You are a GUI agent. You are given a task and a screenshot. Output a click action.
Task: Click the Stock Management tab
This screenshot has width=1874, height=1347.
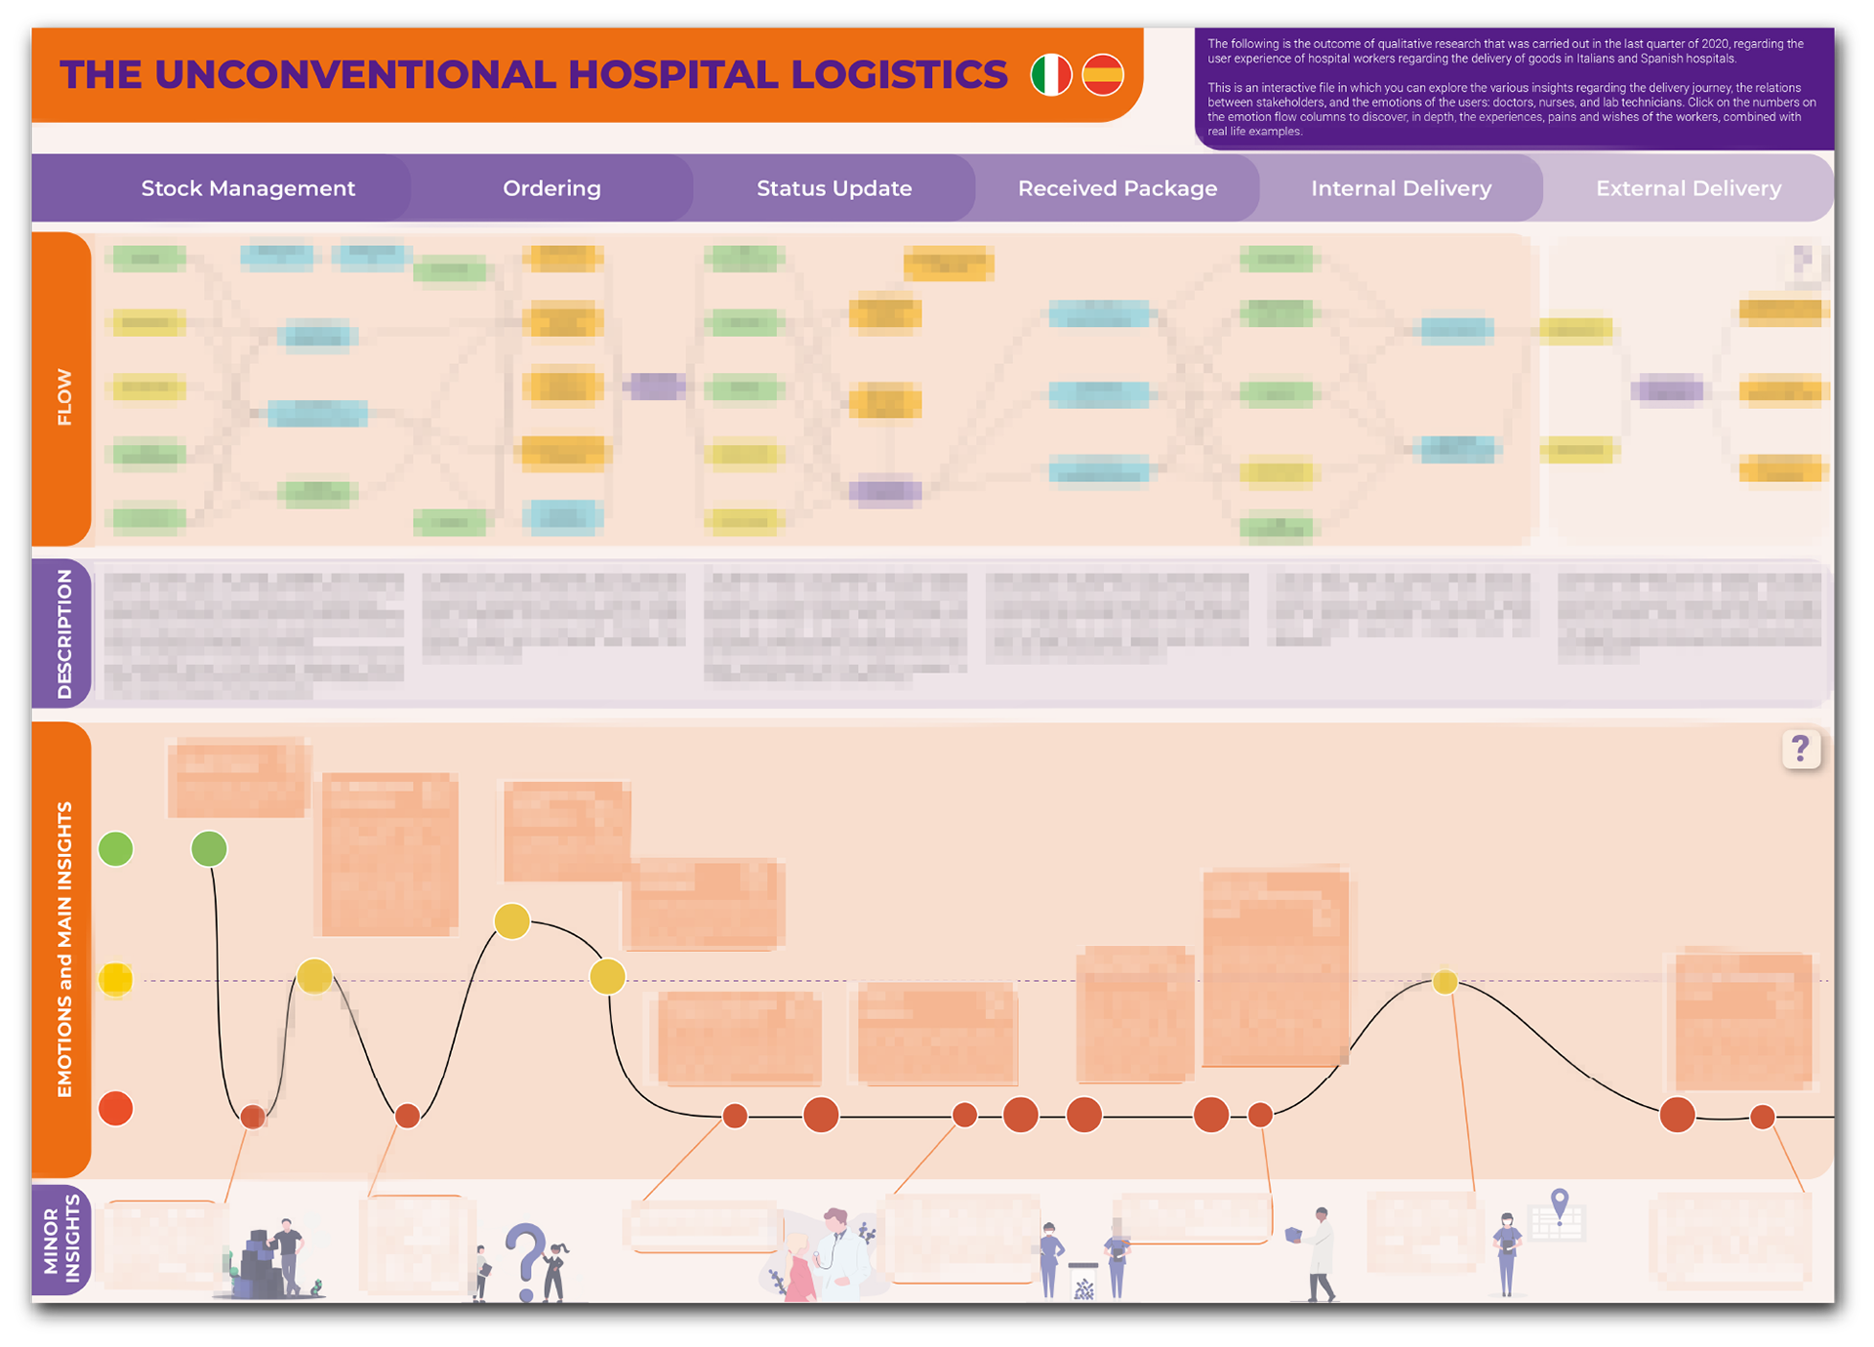point(248,188)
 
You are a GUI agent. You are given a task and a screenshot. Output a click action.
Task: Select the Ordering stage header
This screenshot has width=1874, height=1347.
point(551,188)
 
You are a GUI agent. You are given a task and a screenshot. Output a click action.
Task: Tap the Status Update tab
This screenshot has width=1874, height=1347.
point(834,188)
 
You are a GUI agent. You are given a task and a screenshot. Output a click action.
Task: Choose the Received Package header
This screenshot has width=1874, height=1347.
point(1117,188)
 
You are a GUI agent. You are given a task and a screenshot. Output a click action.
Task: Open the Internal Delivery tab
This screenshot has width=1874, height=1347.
point(1401,188)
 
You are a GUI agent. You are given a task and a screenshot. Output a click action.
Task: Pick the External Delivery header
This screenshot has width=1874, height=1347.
point(1689,188)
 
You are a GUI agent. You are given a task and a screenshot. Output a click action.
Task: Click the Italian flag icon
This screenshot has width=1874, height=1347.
point(1051,75)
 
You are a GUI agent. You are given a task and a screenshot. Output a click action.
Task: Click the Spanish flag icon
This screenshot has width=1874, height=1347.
point(1103,75)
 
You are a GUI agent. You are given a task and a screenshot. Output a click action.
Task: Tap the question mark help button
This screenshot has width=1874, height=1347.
point(1801,750)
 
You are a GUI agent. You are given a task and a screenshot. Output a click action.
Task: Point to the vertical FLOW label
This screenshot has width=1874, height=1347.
point(64,396)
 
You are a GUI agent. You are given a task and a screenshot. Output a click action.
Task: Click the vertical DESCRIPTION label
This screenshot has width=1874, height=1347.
point(64,633)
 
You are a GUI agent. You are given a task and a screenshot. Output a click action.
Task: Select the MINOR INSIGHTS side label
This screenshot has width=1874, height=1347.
point(61,1240)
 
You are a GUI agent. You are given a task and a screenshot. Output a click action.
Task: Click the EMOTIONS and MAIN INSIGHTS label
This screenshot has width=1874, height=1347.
point(64,949)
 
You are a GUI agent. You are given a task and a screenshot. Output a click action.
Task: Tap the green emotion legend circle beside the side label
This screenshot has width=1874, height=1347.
point(116,849)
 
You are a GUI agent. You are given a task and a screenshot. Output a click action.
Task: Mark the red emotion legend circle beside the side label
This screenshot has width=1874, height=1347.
point(116,1109)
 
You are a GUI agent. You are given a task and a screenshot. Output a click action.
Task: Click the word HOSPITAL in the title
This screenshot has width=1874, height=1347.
point(673,75)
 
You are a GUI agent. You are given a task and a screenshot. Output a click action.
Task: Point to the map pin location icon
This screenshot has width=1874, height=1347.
point(1560,1204)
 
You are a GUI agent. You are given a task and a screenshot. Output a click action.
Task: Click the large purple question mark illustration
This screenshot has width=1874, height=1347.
point(526,1259)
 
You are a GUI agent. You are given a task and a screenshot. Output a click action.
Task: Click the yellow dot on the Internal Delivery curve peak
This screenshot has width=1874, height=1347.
point(1446,982)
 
